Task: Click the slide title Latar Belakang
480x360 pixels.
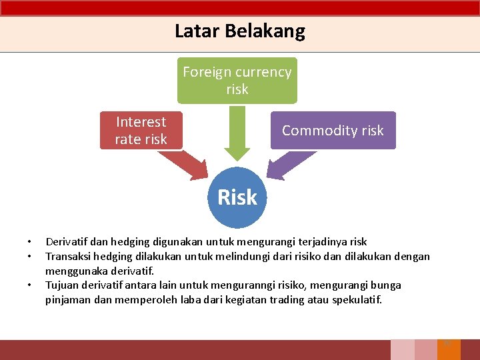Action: coord(239,31)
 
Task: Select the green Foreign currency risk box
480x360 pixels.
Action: coord(237,81)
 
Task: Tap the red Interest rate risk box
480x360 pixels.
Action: coord(141,130)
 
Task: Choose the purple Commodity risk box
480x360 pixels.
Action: coord(333,130)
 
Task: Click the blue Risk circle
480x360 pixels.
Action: coord(237,197)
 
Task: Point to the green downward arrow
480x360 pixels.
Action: coord(237,131)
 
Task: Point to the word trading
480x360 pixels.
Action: coord(289,299)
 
